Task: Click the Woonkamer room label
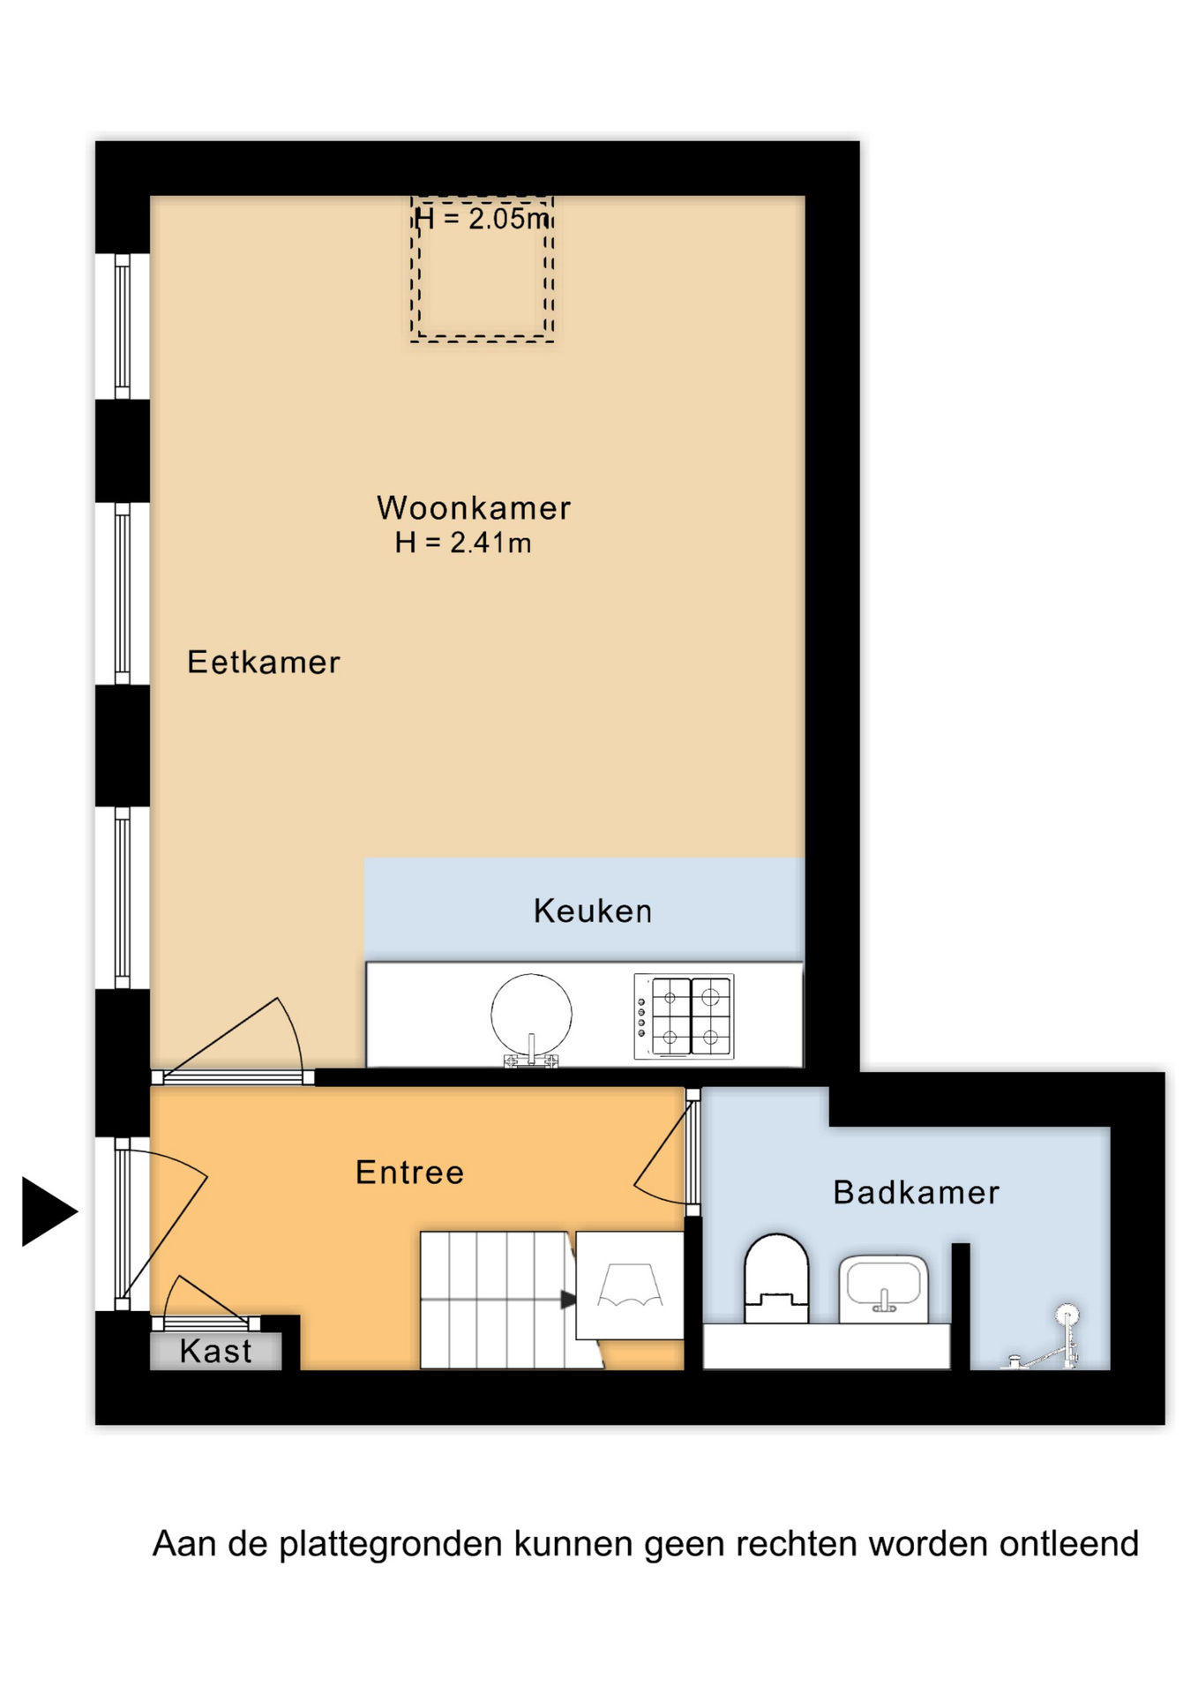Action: (474, 508)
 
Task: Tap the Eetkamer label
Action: (264, 663)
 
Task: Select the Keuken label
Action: (593, 911)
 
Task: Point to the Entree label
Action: (409, 1173)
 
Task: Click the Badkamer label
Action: (917, 1193)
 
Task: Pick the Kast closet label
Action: (216, 1351)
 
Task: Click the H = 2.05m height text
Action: (483, 218)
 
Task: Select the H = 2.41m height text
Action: (463, 543)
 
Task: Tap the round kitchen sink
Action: (531, 1017)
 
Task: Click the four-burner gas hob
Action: (684, 1016)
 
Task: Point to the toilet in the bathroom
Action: (776, 1278)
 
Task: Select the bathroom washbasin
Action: (883, 1290)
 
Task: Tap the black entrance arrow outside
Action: (49, 1211)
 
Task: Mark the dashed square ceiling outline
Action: (483, 269)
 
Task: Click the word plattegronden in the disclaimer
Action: (391, 1544)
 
